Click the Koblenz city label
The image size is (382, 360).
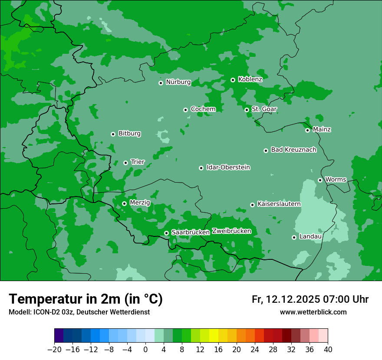click(x=250, y=79)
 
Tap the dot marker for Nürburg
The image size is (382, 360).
click(x=161, y=82)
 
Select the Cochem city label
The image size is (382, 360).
click(x=203, y=109)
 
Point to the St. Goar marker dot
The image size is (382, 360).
click(x=247, y=110)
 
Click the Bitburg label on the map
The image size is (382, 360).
click(x=129, y=134)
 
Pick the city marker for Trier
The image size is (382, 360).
click(x=125, y=163)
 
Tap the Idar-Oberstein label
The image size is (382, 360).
click(x=228, y=167)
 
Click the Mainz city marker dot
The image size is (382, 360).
click(x=307, y=130)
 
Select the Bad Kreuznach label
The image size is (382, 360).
click(x=293, y=150)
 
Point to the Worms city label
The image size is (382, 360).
click(x=336, y=180)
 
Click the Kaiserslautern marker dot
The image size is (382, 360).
click(x=252, y=205)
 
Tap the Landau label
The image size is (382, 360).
click(x=310, y=237)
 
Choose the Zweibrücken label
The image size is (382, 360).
click(x=231, y=231)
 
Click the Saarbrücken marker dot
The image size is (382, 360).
click(x=166, y=233)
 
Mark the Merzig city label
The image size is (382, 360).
click(x=140, y=203)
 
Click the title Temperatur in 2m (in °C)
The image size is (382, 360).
click(x=86, y=299)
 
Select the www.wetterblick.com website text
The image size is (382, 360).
click(x=313, y=312)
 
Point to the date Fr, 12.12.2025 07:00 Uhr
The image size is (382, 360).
click(x=310, y=299)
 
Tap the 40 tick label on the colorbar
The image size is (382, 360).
click(x=328, y=350)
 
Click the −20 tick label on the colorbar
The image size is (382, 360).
click(x=54, y=350)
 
